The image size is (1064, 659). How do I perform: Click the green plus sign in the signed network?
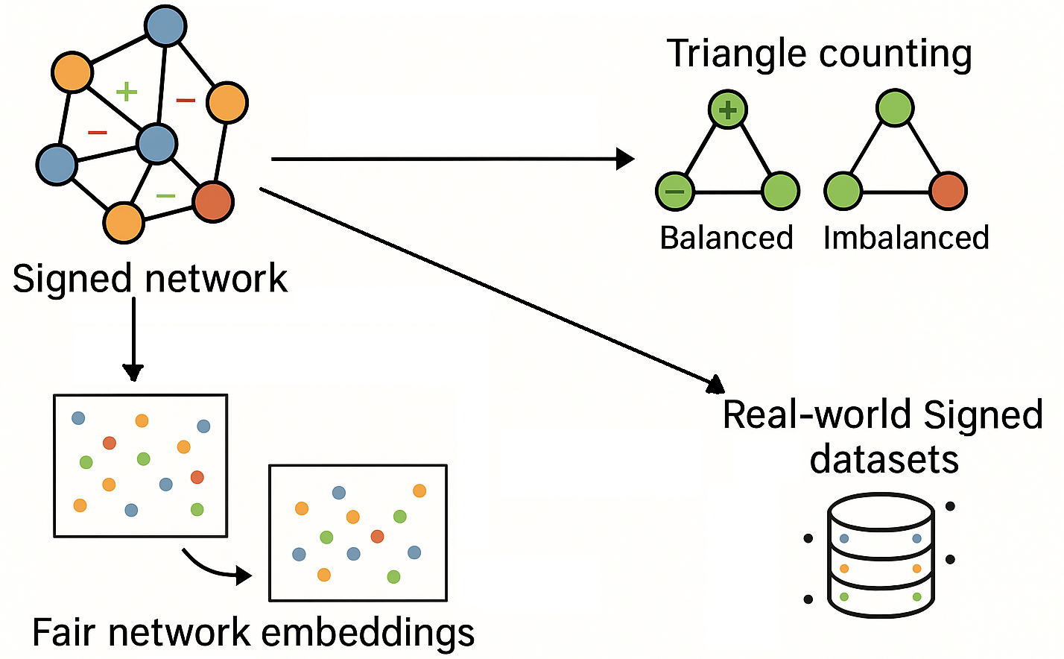[127, 92]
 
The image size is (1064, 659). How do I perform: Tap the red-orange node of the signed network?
[213, 201]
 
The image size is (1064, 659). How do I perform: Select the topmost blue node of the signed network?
[165, 26]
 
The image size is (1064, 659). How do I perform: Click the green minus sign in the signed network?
[165, 196]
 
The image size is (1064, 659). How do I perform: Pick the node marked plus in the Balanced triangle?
[728, 110]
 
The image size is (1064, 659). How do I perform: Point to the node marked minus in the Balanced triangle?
[674, 191]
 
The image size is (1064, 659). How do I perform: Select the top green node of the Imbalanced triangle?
[895, 108]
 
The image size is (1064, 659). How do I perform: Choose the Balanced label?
[726, 238]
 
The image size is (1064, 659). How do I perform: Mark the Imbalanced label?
[906, 238]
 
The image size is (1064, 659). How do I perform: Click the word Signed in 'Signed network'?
[72, 280]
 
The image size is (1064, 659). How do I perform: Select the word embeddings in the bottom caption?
[368, 634]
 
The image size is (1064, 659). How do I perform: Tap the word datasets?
[884, 459]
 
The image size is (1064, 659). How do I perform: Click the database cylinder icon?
[881, 555]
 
